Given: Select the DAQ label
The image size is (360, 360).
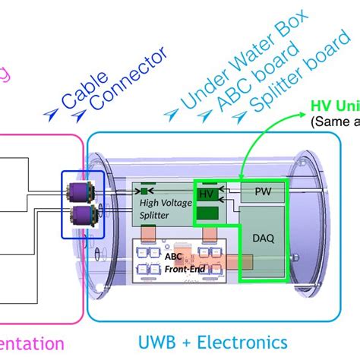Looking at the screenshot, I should click(263, 238).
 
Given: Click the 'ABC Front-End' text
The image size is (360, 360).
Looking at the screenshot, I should click(177, 261).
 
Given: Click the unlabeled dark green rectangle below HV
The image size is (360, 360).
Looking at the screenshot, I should click(207, 215).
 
